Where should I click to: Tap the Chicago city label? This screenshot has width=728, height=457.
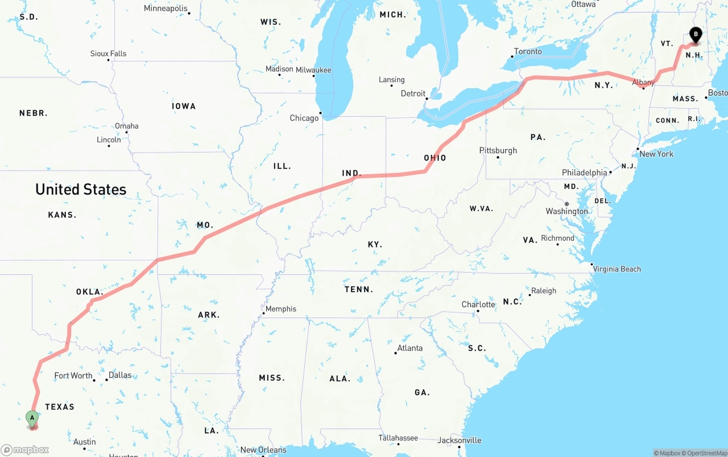pyautogui.click(x=304, y=118)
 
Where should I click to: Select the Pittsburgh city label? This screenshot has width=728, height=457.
pyautogui.click(x=498, y=150)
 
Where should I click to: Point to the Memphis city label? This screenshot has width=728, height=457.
pyautogui.click(x=281, y=309)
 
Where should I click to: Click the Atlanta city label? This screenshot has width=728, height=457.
pyautogui.click(x=410, y=348)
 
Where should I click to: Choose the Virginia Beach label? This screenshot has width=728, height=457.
pyautogui.click(x=617, y=269)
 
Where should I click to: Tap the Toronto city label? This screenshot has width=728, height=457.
pyautogui.click(x=528, y=51)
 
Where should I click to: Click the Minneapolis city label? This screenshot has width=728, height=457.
pyautogui.click(x=166, y=9)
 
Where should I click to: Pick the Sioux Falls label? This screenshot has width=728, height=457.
pyautogui.click(x=108, y=53)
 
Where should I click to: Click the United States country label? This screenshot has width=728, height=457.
pyautogui.click(x=81, y=190)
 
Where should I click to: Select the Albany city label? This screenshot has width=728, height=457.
pyautogui.click(x=643, y=83)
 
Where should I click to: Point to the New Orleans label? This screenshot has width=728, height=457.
pyautogui.click(x=263, y=450)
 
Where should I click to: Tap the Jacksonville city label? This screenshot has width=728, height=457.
pyautogui.click(x=460, y=440)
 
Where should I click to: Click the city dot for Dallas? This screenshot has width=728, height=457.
pyautogui.click(x=106, y=380)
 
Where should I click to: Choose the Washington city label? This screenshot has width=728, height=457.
pyautogui.click(x=567, y=211)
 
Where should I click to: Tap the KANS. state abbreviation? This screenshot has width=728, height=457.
pyautogui.click(x=62, y=215)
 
